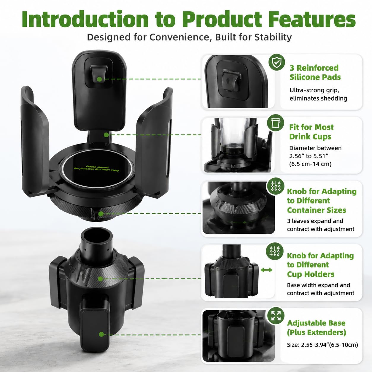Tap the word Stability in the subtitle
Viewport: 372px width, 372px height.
273,37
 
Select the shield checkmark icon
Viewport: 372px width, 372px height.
277,62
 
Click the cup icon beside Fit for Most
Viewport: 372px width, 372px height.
276,123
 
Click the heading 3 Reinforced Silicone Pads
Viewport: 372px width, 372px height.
315,72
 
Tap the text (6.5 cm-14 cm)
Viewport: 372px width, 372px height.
310,164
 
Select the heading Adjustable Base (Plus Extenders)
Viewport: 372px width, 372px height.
317,328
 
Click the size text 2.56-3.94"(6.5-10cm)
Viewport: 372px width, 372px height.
322,345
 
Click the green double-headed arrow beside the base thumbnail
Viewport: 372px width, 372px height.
266,270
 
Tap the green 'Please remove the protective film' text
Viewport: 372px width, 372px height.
96,168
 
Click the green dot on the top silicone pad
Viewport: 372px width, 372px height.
99,79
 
